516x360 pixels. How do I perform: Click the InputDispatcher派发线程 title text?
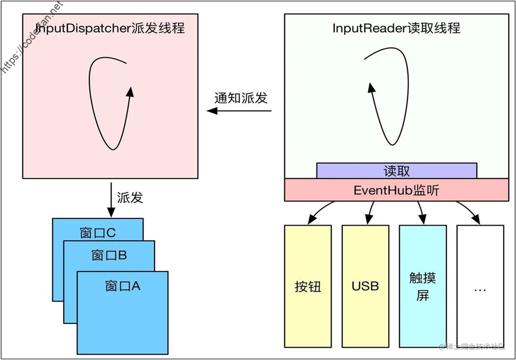tap(110, 28)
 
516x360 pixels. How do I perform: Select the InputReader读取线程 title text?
tap(396, 28)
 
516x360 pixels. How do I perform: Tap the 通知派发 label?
tap(241, 98)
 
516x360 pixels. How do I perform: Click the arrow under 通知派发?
tap(239, 111)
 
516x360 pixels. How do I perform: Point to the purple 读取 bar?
tap(396, 171)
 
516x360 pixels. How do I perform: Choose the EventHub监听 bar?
tap(396, 190)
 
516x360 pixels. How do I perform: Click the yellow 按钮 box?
tap(308, 286)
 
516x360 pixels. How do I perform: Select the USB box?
tap(365, 286)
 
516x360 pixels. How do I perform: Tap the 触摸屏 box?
tap(423, 286)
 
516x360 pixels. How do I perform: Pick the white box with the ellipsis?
tap(480, 286)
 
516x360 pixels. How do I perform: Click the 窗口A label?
tap(123, 286)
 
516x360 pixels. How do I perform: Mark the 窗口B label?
tap(109, 256)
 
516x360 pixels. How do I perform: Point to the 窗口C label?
tap(98, 233)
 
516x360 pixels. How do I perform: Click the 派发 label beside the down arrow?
tap(130, 198)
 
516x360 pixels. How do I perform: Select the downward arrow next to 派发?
tap(111, 200)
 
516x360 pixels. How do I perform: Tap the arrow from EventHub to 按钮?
tap(319, 210)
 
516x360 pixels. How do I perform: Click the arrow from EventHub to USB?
tap(370, 213)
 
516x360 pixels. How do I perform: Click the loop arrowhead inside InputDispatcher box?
tap(131, 92)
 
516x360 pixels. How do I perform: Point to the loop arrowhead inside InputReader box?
tap(371, 88)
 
